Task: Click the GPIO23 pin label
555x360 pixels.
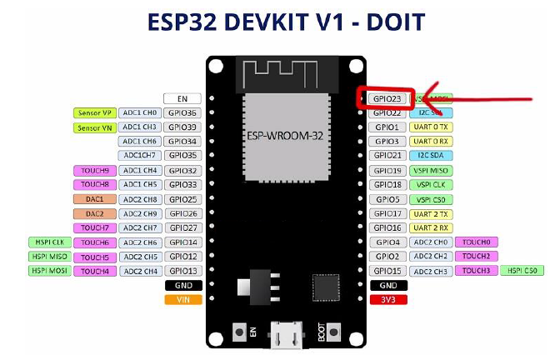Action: [x=387, y=98]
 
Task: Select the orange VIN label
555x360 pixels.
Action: [x=182, y=299]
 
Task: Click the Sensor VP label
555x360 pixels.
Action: [x=94, y=112]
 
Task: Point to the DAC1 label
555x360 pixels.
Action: [x=94, y=199]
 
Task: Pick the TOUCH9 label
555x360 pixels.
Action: [x=94, y=170]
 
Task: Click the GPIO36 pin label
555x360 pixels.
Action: [x=182, y=112]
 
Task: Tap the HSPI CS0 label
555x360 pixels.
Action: [x=523, y=271]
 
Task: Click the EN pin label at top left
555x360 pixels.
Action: [x=182, y=98]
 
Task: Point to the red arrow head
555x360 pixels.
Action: [x=427, y=97]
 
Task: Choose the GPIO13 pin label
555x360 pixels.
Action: [x=182, y=271]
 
